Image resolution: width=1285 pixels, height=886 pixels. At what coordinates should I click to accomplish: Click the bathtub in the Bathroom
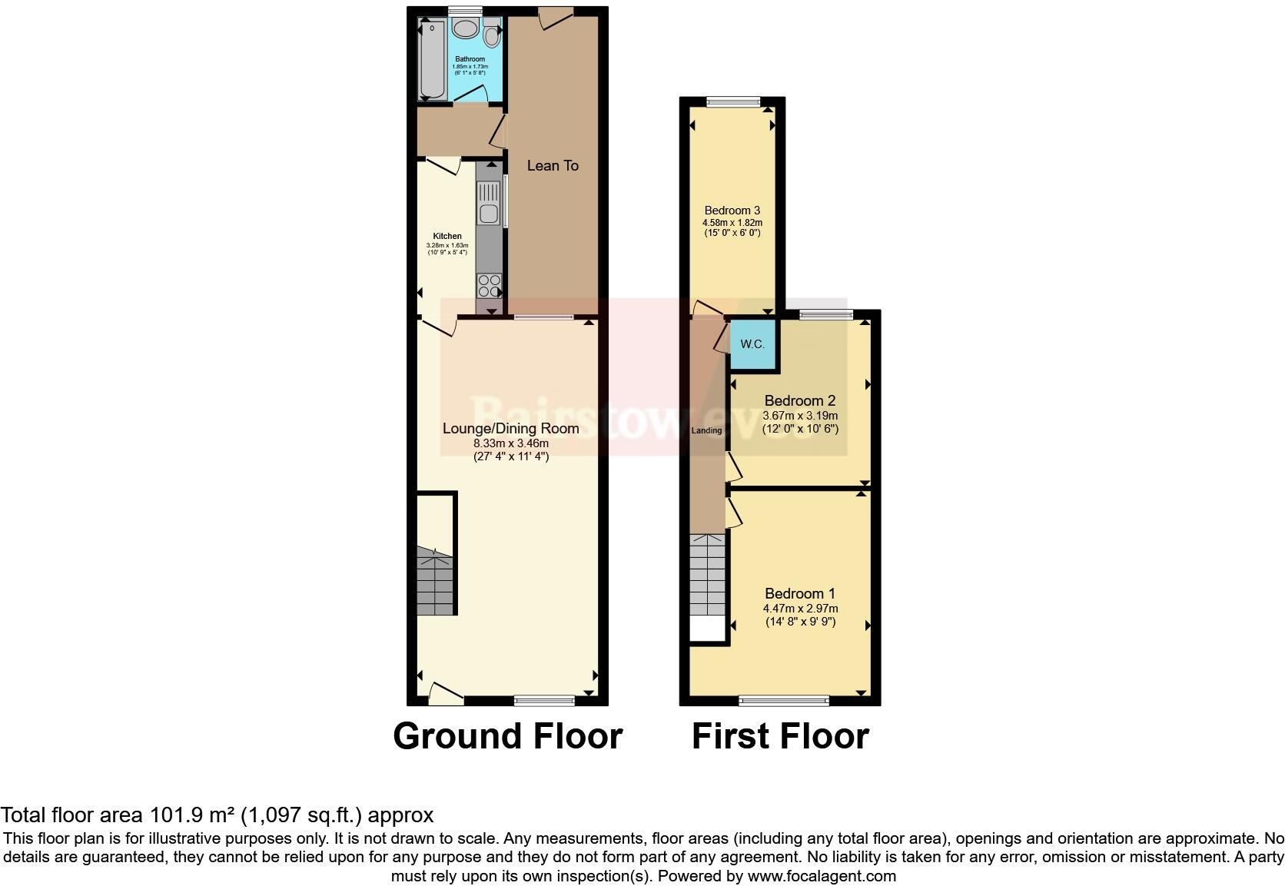tap(432, 60)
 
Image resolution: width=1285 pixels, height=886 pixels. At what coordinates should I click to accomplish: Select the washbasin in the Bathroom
tap(465, 29)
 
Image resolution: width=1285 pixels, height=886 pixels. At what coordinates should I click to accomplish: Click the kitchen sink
tap(488, 201)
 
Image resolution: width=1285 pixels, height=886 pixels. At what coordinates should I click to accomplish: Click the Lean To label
tap(553, 165)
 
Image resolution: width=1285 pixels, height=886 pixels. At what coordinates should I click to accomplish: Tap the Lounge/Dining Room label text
tap(510, 428)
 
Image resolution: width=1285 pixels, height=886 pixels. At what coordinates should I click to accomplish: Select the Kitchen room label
tap(447, 236)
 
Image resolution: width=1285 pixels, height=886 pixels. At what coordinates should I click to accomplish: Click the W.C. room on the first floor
tap(752, 344)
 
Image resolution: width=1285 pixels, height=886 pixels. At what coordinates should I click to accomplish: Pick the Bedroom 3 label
tap(732, 210)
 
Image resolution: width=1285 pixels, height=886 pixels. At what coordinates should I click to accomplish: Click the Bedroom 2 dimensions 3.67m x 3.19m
tap(800, 416)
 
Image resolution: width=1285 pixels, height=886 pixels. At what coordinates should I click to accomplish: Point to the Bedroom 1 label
tap(799, 593)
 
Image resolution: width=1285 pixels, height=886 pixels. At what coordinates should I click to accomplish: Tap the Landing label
tap(706, 430)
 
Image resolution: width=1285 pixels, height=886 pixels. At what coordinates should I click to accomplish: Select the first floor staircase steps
tap(707, 572)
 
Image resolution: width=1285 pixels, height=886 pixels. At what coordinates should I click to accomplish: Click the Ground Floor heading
tap(507, 735)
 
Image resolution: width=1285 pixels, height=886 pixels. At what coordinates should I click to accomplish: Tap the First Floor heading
tap(780, 735)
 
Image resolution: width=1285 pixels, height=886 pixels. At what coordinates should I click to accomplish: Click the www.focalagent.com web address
tap(821, 875)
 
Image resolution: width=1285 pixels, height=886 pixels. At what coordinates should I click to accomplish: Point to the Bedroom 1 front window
tap(784, 700)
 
